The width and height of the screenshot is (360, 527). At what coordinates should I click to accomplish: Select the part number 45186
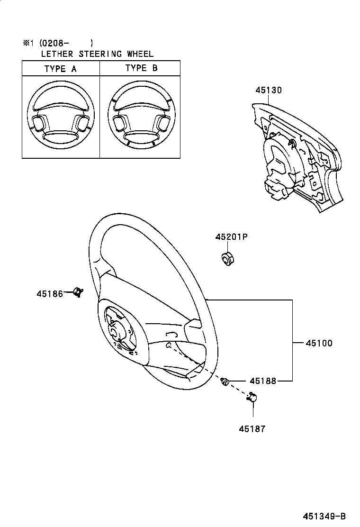click(x=50, y=294)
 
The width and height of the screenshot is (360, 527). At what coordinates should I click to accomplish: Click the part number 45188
click(x=263, y=381)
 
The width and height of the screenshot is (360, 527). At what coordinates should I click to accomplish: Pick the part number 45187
click(x=252, y=429)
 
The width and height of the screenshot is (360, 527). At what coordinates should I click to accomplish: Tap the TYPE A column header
click(x=60, y=69)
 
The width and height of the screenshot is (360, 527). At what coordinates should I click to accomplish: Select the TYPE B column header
click(x=141, y=68)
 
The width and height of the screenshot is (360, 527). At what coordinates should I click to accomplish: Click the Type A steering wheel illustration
click(x=60, y=117)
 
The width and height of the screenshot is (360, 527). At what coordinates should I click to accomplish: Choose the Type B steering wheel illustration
click(x=141, y=117)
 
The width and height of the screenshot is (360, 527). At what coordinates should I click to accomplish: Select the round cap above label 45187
click(x=252, y=399)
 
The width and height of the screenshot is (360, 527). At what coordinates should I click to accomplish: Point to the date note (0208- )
click(x=66, y=43)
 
